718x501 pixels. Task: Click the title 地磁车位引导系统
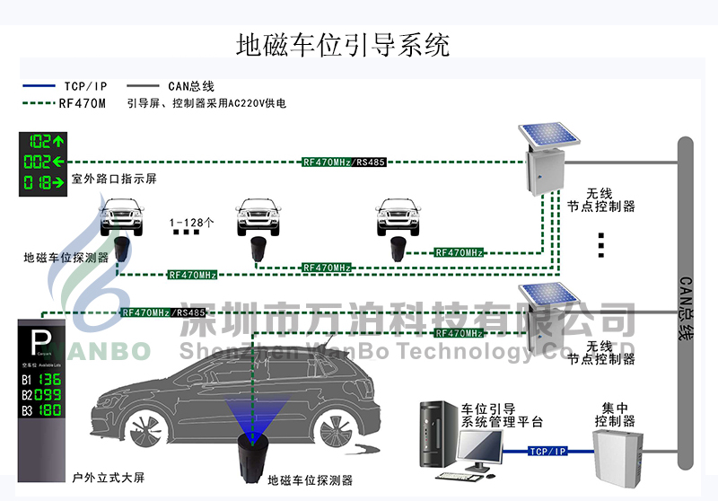[342, 45]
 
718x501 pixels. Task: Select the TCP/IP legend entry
[86, 86]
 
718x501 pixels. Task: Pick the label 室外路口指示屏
[114, 180]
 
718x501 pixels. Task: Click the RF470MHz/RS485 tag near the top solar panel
[344, 163]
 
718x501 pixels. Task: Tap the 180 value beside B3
[49, 411]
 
